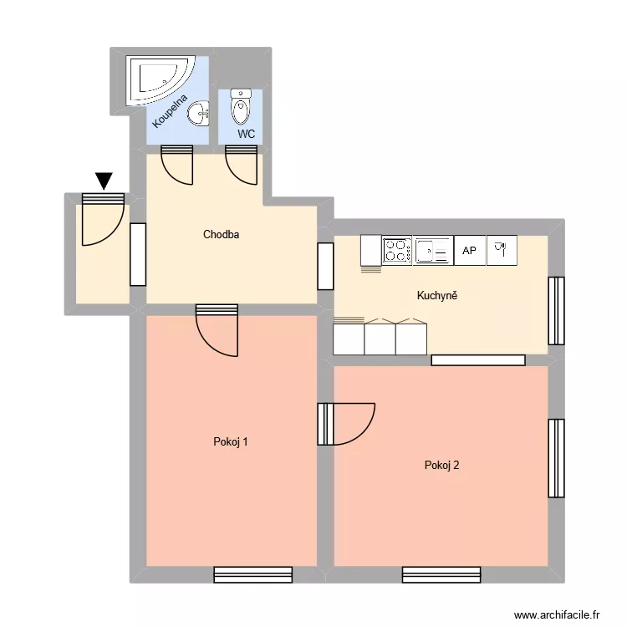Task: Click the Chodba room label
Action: tap(222, 235)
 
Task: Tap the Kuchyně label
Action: tap(437, 295)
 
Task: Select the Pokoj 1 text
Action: tap(231, 442)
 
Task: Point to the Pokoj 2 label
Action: tap(441, 466)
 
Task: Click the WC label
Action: tap(246, 134)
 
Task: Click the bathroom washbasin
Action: tap(198, 113)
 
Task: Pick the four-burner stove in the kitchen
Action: tap(397, 250)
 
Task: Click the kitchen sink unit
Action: tap(434, 250)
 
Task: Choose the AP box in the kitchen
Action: tap(470, 250)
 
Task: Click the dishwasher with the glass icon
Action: tap(502, 250)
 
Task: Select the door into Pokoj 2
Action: tap(345, 424)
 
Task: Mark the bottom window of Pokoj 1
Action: tap(252, 574)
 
